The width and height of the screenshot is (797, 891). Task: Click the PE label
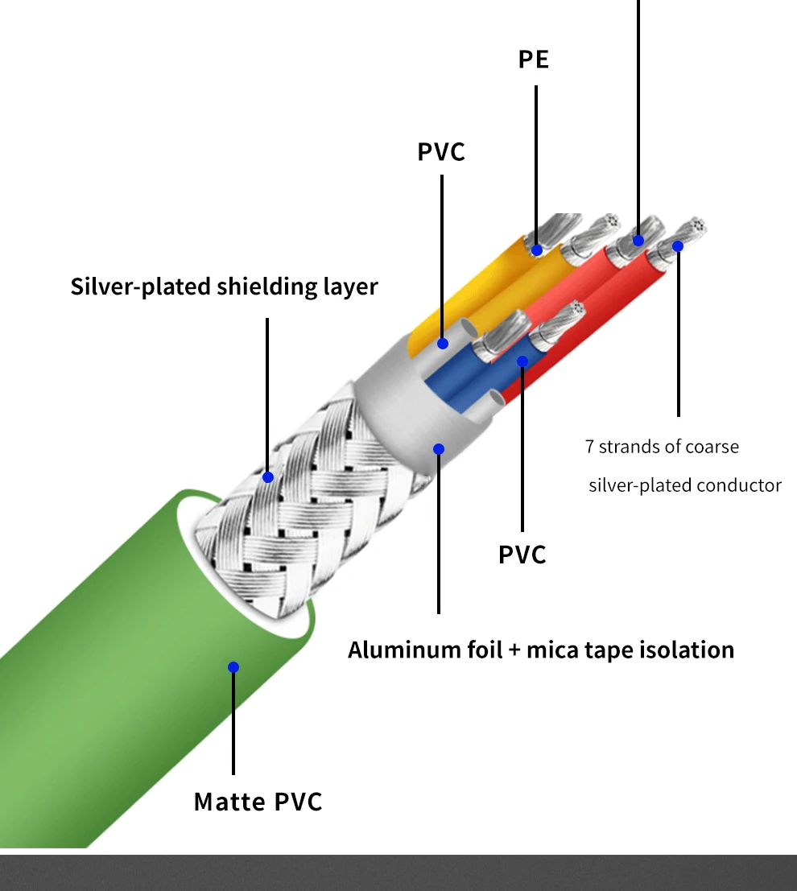pyautogui.click(x=533, y=59)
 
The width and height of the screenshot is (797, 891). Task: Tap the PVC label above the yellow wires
pyautogui.click(x=441, y=152)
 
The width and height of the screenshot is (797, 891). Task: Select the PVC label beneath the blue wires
pyautogui.click(x=522, y=555)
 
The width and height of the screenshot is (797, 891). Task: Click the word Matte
pyautogui.click(x=230, y=802)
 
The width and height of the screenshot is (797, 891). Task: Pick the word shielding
pyautogui.click(x=267, y=287)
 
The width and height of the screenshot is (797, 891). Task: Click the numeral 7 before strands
pyautogui.click(x=589, y=447)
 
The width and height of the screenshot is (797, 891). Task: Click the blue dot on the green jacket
pyautogui.click(x=233, y=667)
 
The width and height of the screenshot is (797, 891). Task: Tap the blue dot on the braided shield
pyautogui.click(x=268, y=477)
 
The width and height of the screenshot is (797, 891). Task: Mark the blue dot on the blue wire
pyautogui.click(x=522, y=361)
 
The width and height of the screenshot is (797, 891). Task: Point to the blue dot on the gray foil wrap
pyautogui.click(x=438, y=449)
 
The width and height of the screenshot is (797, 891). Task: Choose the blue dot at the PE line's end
pyautogui.click(x=537, y=250)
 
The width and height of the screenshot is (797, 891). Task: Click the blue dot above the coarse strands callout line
pyautogui.click(x=678, y=246)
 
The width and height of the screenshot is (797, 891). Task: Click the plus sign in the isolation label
pyautogui.click(x=514, y=650)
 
